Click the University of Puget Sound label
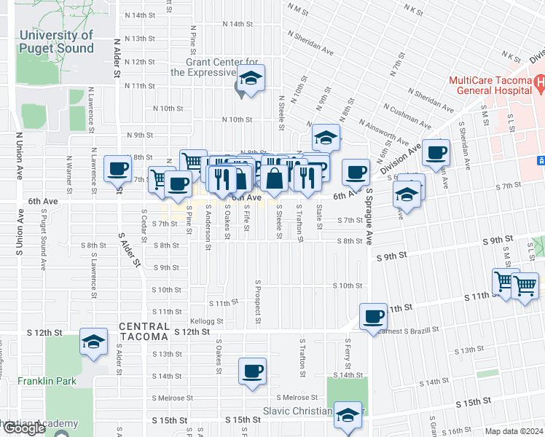(x=57, y=42)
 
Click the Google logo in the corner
(x=23, y=428)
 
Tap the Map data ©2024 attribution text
(x=513, y=431)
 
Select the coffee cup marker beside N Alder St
(x=117, y=170)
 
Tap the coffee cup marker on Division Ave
(x=436, y=153)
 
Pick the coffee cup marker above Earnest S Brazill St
(x=374, y=317)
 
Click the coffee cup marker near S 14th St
(x=252, y=371)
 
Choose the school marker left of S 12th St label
(x=93, y=342)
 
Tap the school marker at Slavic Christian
(x=349, y=416)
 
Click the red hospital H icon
(x=538, y=83)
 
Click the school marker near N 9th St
(x=326, y=137)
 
